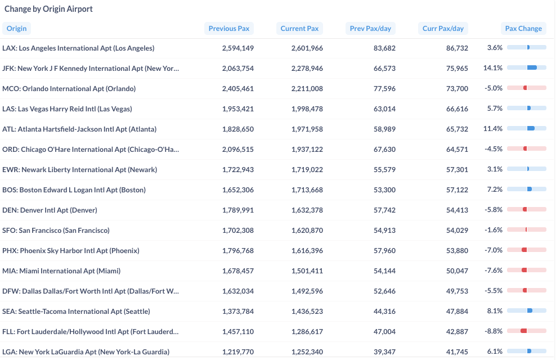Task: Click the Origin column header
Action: click(16, 28)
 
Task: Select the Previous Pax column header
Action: click(228, 28)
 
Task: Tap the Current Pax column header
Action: click(299, 28)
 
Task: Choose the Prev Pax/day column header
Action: click(370, 28)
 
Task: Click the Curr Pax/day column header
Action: click(443, 28)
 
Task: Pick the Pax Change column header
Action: click(523, 28)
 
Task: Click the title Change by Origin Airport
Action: click(48, 9)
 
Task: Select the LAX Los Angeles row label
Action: click(78, 48)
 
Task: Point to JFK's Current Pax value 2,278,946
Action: click(307, 69)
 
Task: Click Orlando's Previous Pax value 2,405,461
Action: click(238, 88)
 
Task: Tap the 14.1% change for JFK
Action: click(493, 67)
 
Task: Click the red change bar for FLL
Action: click(523, 331)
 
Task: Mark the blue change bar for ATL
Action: click(531, 128)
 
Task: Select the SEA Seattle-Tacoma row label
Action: click(76, 312)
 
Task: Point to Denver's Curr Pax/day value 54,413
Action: click(457, 210)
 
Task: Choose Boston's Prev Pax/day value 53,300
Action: click(384, 190)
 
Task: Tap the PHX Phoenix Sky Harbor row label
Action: click(70, 251)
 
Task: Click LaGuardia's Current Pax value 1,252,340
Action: click(307, 352)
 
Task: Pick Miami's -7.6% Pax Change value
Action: click(494, 271)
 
